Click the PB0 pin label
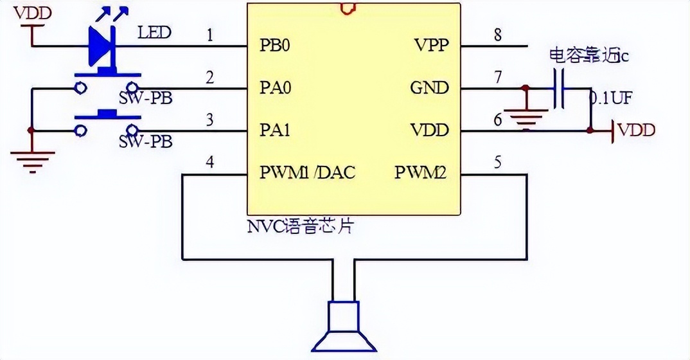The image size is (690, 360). [x=276, y=46]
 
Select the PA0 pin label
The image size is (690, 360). [x=276, y=87]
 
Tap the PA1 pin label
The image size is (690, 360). [x=276, y=130]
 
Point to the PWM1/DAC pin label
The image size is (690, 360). [x=307, y=172]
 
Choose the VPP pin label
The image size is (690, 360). [x=432, y=46]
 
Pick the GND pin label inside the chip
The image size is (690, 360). [x=429, y=87]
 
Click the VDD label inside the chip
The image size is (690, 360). [x=430, y=130]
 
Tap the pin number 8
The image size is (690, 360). [x=497, y=35]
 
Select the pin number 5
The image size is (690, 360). [x=497, y=163]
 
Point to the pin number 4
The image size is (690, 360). [x=209, y=163]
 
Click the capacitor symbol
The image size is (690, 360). [x=560, y=88]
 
